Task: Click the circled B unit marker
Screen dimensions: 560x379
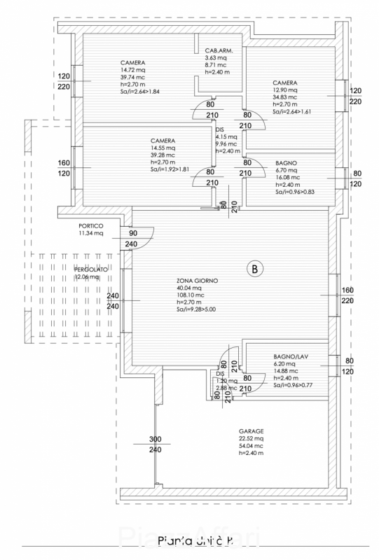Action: [x=254, y=268]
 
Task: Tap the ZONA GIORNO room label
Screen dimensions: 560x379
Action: [x=198, y=280]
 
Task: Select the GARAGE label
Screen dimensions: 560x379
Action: [x=251, y=431]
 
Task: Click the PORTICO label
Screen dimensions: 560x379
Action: [x=91, y=226]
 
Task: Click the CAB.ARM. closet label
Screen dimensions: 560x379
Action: [x=219, y=52]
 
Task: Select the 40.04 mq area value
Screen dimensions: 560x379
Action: [x=189, y=288]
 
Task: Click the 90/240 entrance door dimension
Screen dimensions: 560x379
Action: [x=131, y=239]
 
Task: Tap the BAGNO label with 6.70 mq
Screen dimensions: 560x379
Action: [x=286, y=162]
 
